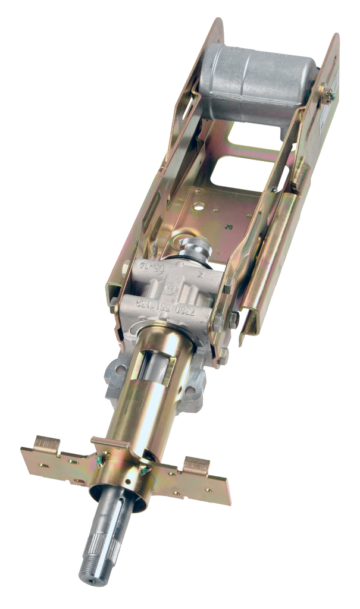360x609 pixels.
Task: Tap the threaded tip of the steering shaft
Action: [x=90, y=570]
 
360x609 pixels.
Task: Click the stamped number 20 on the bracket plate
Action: [x=229, y=227]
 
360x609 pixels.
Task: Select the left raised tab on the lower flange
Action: [x=46, y=443]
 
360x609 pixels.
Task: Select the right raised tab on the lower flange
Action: [x=197, y=465]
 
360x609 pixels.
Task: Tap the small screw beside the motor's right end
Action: [x=327, y=93]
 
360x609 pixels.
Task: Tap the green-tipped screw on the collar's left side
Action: [x=101, y=459]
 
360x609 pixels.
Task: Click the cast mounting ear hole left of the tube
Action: [x=121, y=369]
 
